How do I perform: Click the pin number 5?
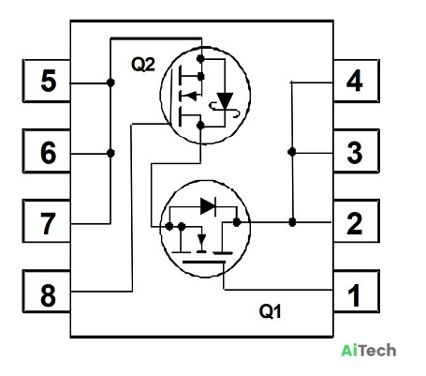[x=49, y=81]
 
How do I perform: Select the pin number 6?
[x=49, y=153]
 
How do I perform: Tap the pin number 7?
[x=48, y=223]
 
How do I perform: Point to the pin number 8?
[x=48, y=295]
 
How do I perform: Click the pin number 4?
[x=355, y=81]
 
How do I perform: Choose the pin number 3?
[x=355, y=153]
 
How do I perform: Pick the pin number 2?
[x=355, y=223]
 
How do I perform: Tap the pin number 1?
[x=354, y=295]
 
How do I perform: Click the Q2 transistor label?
[x=143, y=65]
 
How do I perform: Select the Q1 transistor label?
[x=271, y=311]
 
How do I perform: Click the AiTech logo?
[x=369, y=351]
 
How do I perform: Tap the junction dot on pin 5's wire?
[x=110, y=83]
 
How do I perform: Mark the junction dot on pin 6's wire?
[x=110, y=153]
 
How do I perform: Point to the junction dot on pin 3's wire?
[x=292, y=152]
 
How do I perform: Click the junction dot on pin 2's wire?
[x=292, y=222]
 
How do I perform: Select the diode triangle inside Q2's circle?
[x=225, y=100]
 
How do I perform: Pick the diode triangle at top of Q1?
[x=208, y=206]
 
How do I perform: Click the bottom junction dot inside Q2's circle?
[x=200, y=126]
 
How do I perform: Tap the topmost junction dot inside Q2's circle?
[x=200, y=58]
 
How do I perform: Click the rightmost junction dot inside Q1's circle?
[x=237, y=222]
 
